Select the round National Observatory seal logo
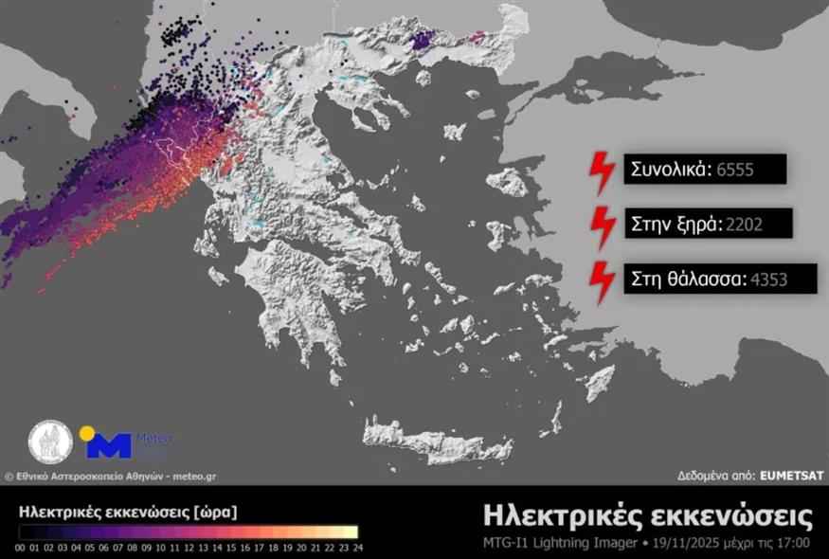[x=50, y=442]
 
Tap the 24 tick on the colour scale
[x=356, y=548]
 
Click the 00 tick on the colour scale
[x=21, y=548]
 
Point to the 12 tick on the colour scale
[x=189, y=548]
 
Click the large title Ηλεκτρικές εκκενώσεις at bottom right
[x=647, y=516]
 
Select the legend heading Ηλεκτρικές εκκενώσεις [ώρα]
[x=128, y=512]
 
